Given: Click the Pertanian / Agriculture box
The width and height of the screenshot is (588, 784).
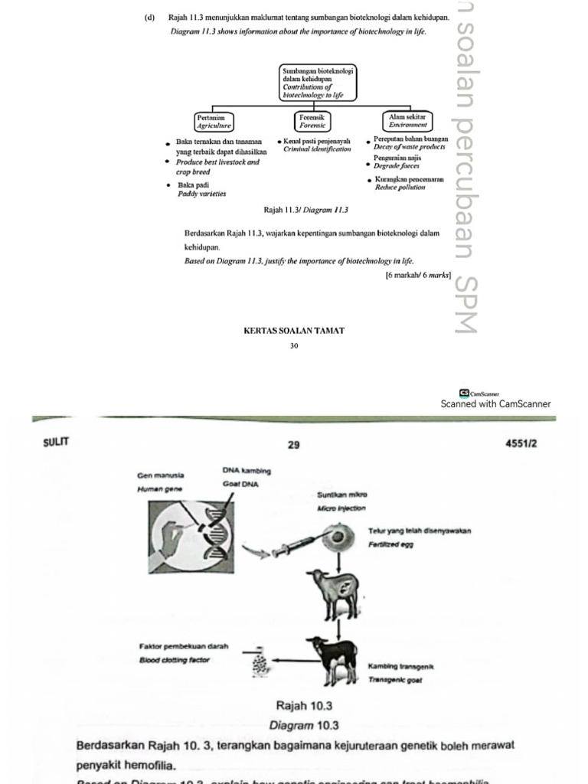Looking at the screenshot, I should tap(214, 121).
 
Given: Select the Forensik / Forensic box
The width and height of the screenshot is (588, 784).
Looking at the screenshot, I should tap(312, 121).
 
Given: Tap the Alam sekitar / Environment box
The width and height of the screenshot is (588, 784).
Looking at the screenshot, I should tap(407, 121).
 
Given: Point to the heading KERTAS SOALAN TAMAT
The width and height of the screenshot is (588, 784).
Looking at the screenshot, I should tap(293, 331).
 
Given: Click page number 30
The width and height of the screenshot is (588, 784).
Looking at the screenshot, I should tap(293, 346).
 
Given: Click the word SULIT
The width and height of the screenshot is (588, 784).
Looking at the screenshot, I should tap(57, 443).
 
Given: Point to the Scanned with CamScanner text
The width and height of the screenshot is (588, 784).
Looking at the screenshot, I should tap(495, 403).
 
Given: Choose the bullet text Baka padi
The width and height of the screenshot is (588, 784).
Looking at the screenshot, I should tap(193, 185).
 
